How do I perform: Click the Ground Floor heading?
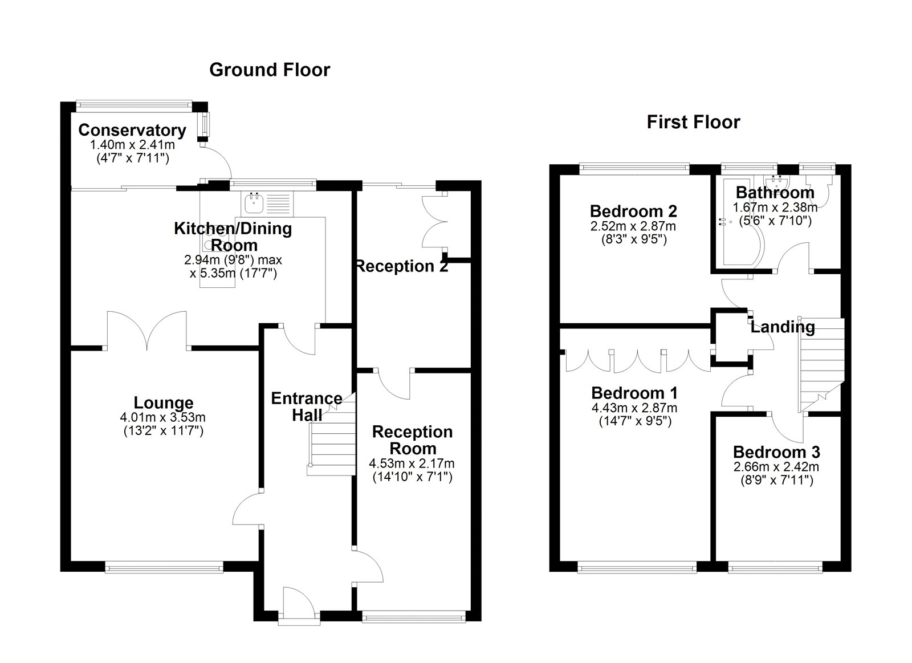pyautogui.click(x=270, y=70)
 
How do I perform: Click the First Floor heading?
pyautogui.click(x=693, y=122)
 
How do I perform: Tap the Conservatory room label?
pyautogui.click(x=132, y=130)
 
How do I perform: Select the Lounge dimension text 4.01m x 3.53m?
pyautogui.click(x=163, y=417)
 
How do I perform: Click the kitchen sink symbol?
pyautogui.click(x=253, y=201)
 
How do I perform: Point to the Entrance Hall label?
pyautogui.click(x=307, y=406)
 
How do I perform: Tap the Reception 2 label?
pyautogui.click(x=402, y=266)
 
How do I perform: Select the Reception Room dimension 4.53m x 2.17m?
pyautogui.click(x=413, y=463)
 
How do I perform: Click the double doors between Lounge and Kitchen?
pyautogui.click(x=146, y=331)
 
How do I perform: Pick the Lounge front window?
pyautogui.click(x=164, y=566)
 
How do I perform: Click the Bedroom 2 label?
pyautogui.click(x=633, y=211)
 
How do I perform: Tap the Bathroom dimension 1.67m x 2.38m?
pyautogui.click(x=775, y=207)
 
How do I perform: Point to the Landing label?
pyautogui.click(x=782, y=327)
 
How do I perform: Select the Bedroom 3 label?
pyautogui.click(x=776, y=453)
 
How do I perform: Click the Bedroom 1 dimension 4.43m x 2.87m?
pyautogui.click(x=634, y=408)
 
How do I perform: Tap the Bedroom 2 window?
pyautogui.click(x=634, y=168)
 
